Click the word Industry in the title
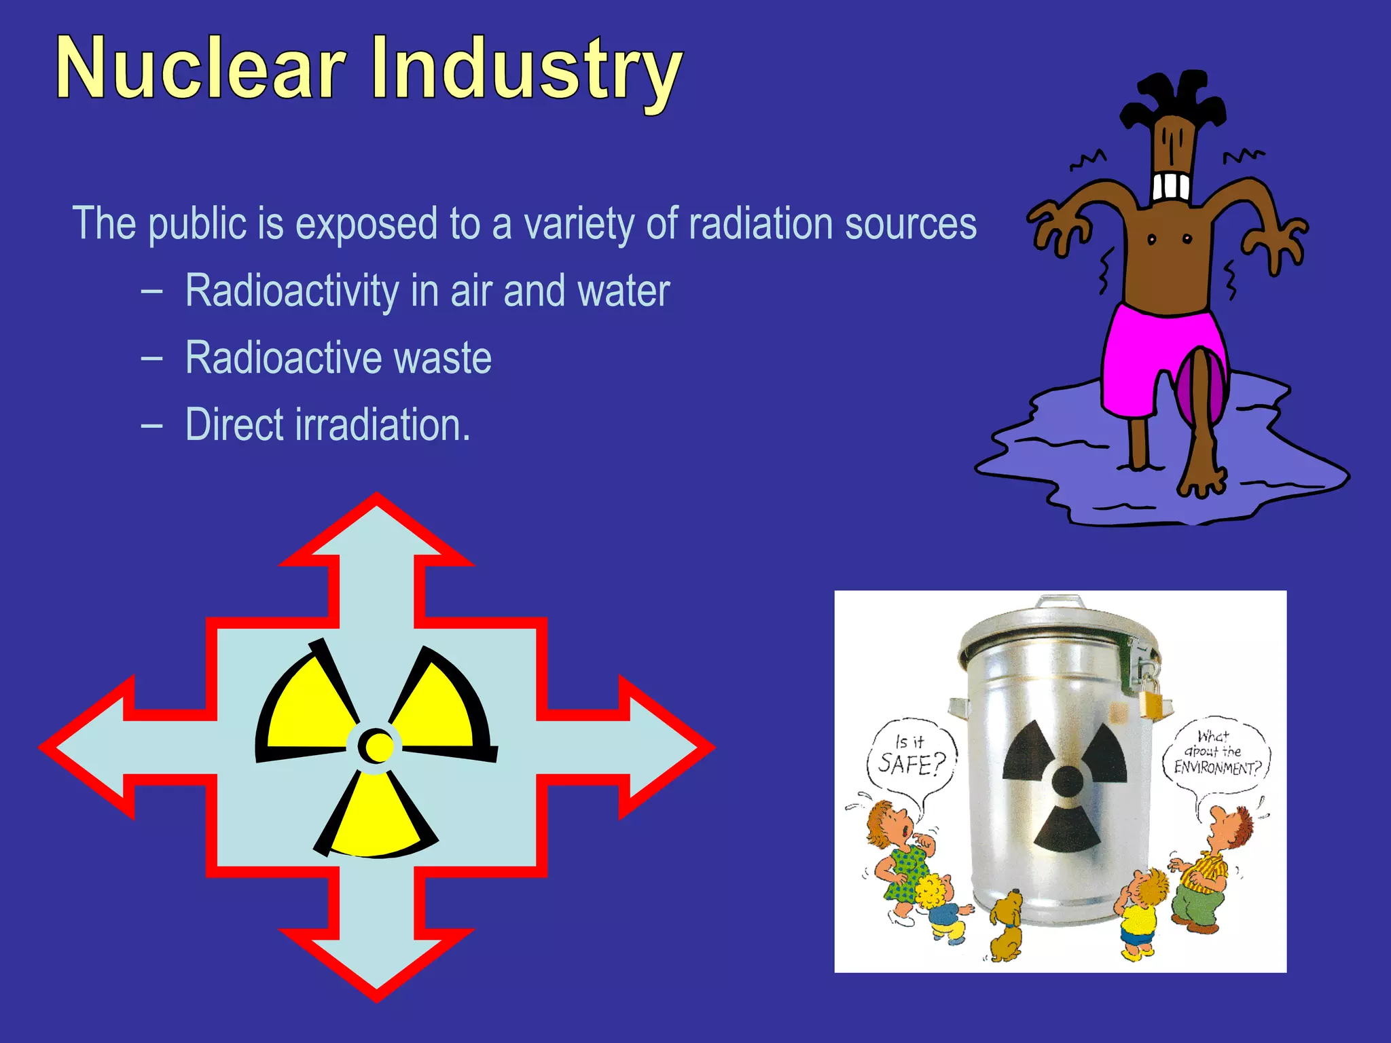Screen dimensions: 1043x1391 (526, 71)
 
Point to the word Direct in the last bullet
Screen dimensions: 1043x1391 (234, 425)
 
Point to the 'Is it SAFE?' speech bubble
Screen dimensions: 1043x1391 (911, 756)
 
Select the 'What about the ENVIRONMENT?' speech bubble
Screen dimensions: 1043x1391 (1216, 753)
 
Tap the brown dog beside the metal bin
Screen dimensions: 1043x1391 (1005, 928)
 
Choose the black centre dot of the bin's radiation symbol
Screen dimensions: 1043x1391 (1067, 781)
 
